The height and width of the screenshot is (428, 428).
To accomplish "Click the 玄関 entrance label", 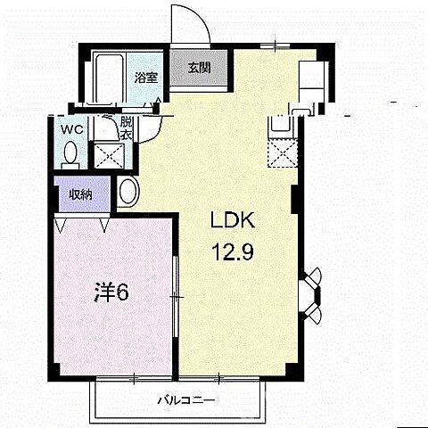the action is click(199, 68).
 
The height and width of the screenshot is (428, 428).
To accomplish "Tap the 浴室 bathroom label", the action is click(146, 78).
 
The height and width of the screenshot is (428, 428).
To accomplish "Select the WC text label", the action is click(72, 129).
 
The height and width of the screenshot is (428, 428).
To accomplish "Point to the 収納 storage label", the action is click(81, 195).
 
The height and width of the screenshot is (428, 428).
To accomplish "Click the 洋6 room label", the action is click(111, 292).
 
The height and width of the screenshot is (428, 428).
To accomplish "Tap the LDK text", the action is click(233, 219).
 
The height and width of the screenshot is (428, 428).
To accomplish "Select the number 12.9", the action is click(233, 251).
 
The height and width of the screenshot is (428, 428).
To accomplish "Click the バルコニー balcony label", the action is click(185, 400).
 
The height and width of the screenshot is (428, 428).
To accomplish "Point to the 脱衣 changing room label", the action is click(126, 128).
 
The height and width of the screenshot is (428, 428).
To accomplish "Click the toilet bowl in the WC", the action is click(70, 153).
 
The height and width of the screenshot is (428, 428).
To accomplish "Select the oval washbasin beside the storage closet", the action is click(128, 191).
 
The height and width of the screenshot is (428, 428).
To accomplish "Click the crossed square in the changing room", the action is click(109, 155).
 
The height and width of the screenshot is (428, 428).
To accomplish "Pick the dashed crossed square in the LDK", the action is click(283, 152).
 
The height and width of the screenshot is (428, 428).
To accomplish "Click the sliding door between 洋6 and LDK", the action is click(176, 296).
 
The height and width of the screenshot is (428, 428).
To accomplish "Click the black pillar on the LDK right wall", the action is click(294, 199).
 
